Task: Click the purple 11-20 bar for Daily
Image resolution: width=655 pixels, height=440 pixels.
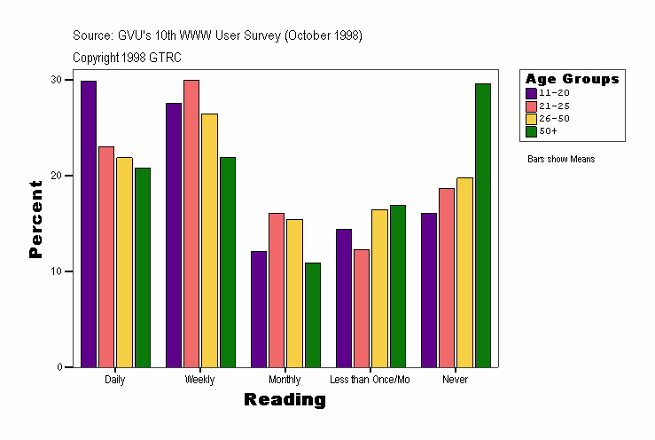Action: coord(89,224)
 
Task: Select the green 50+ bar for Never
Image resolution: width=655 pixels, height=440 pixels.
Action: coord(482,225)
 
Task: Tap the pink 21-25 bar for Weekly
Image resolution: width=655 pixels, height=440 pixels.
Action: coord(191,224)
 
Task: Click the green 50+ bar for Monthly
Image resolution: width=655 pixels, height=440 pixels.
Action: coord(312,315)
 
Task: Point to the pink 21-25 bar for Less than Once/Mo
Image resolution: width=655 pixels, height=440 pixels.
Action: coord(362,308)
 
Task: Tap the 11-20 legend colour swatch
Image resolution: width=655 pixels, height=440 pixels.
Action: coord(531,92)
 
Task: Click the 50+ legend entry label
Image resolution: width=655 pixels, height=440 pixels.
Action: coord(548,130)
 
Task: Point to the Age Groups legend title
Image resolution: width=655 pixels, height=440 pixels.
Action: coord(572,79)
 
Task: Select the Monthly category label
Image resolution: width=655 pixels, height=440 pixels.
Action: coord(285,380)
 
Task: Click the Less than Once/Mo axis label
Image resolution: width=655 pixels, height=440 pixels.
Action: coord(370,380)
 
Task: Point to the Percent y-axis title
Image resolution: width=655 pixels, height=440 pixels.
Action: coord(35,219)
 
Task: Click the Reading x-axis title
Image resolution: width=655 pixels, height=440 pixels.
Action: coord(285,400)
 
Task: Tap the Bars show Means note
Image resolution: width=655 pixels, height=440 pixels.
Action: coord(560,159)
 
